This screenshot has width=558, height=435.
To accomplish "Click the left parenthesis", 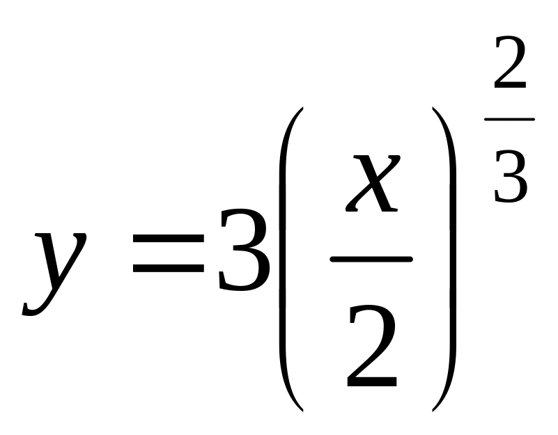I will pos(287,258).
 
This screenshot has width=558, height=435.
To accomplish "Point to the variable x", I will pos(373,184).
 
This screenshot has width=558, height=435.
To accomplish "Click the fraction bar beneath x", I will pos(371,260).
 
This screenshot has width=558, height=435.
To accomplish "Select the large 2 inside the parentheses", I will pos(372,348).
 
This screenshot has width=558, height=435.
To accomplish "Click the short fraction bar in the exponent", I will pos(509,120).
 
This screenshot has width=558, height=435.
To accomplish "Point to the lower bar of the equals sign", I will pos(168,272).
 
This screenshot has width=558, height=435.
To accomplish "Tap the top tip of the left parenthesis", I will pos(301,109).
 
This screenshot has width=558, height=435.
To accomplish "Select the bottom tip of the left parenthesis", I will pos(301,409).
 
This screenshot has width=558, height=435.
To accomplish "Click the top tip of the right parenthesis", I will pos(434,109).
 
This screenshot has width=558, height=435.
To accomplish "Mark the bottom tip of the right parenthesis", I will pos(434,409).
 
